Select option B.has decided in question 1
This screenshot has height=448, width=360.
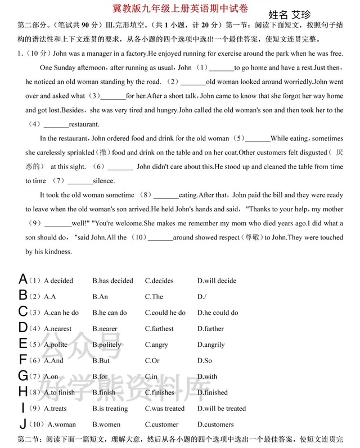click(x=112, y=280)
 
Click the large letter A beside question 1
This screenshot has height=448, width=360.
click(x=23, y=279)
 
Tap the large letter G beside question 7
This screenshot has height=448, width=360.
click(x=23, y=375)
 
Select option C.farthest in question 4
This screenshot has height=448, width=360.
click(x=159, y=328)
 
